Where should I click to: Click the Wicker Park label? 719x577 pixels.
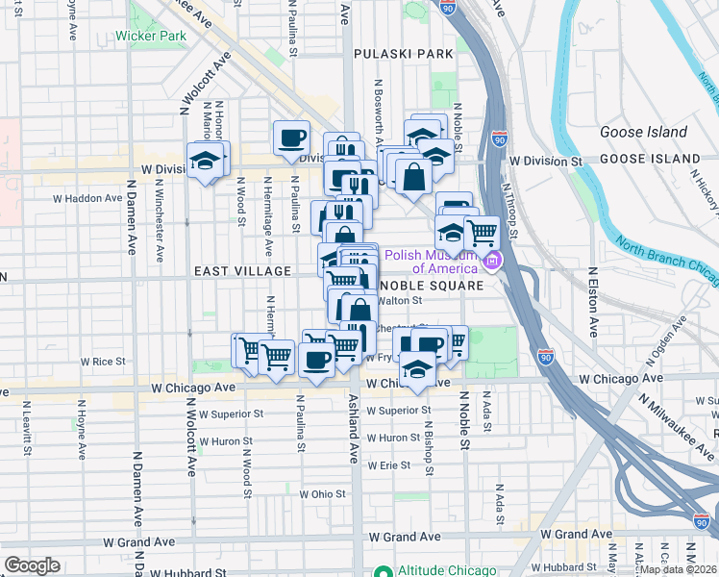point(151,36)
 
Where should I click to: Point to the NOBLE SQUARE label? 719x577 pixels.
point(430,287)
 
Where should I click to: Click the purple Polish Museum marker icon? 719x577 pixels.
point(493,261)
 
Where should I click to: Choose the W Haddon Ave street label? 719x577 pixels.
point(87,197)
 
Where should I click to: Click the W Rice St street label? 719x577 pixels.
point(103,362)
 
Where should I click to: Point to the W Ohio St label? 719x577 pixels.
point(322,493)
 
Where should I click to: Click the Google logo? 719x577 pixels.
point(32,564)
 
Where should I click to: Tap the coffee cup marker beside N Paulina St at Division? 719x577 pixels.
point(291,138)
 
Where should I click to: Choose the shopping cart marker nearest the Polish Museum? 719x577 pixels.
point(481,232)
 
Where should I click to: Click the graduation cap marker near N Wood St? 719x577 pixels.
point(205,160)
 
